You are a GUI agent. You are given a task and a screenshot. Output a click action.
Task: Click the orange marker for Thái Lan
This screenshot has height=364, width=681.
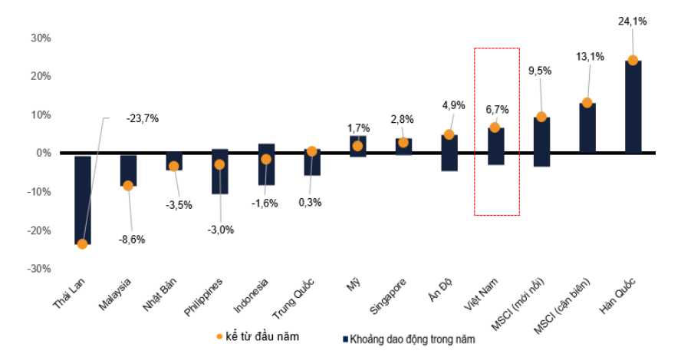point(82,244)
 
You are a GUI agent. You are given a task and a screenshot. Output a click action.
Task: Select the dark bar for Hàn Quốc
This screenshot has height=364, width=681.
point(633,108)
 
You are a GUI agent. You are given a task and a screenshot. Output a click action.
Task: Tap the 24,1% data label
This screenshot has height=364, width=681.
point(632,22)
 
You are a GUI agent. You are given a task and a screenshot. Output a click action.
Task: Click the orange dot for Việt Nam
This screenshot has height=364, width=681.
point(495,127)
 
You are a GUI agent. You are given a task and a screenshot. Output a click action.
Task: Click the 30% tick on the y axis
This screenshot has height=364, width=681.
point(41,38)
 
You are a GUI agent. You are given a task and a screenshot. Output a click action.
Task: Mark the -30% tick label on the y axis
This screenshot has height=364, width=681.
point(39,269)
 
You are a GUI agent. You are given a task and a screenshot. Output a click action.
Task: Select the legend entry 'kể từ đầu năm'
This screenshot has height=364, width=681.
point(257,336)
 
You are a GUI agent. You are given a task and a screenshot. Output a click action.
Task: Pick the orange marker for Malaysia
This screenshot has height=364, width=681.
point(128,185)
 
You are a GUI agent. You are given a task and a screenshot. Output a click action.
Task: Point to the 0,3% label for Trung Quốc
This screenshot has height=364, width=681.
point(310,203)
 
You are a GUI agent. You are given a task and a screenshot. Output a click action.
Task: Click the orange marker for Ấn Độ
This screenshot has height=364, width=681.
point(449,134)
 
